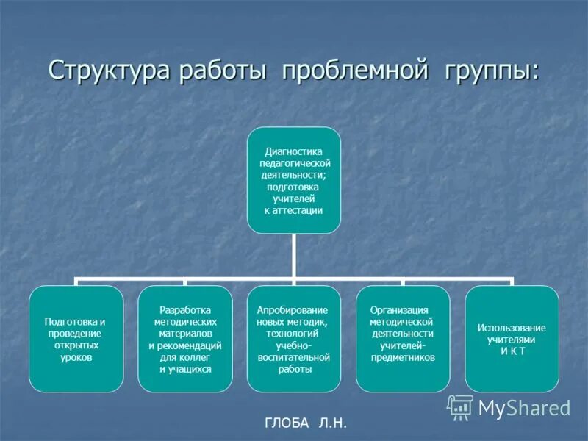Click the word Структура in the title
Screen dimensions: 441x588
[x=108, y=71]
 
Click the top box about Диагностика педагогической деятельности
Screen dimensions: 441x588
[x=293, y=180]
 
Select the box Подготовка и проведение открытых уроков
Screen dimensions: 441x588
[x=76, y=338]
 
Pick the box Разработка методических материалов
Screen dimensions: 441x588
[x=184, y=338]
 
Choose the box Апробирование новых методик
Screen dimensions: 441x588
[x=293, y=338]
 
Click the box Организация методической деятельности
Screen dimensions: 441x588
[x=402, y=338]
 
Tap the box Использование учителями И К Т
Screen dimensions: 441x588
[x=512, y=338]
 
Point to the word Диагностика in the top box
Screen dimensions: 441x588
[x=293, y=151]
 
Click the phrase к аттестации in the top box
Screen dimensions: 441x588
[x=293, y=210]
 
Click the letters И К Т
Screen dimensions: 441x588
[x=512, y=351]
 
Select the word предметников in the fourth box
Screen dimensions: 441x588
[x=404, y=357]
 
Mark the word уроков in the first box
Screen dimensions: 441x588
[x=76, y=357]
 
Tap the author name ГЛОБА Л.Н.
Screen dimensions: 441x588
[x=304, y=423]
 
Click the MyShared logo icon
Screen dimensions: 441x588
[x=460, y=406]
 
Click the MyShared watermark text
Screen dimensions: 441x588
[x=524, y=408]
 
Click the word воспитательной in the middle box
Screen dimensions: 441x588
[x=293, y=356]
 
